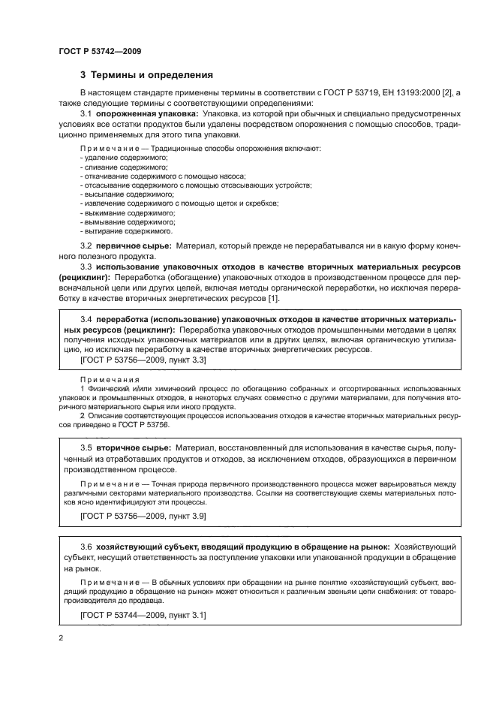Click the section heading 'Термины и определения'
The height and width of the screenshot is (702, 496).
point(147,75)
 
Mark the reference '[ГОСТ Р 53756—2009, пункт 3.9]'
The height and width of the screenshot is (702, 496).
point(143,517)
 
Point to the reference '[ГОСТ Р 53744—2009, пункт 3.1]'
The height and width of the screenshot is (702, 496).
point(143,615)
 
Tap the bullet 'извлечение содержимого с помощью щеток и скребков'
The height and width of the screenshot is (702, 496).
point(170,203)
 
